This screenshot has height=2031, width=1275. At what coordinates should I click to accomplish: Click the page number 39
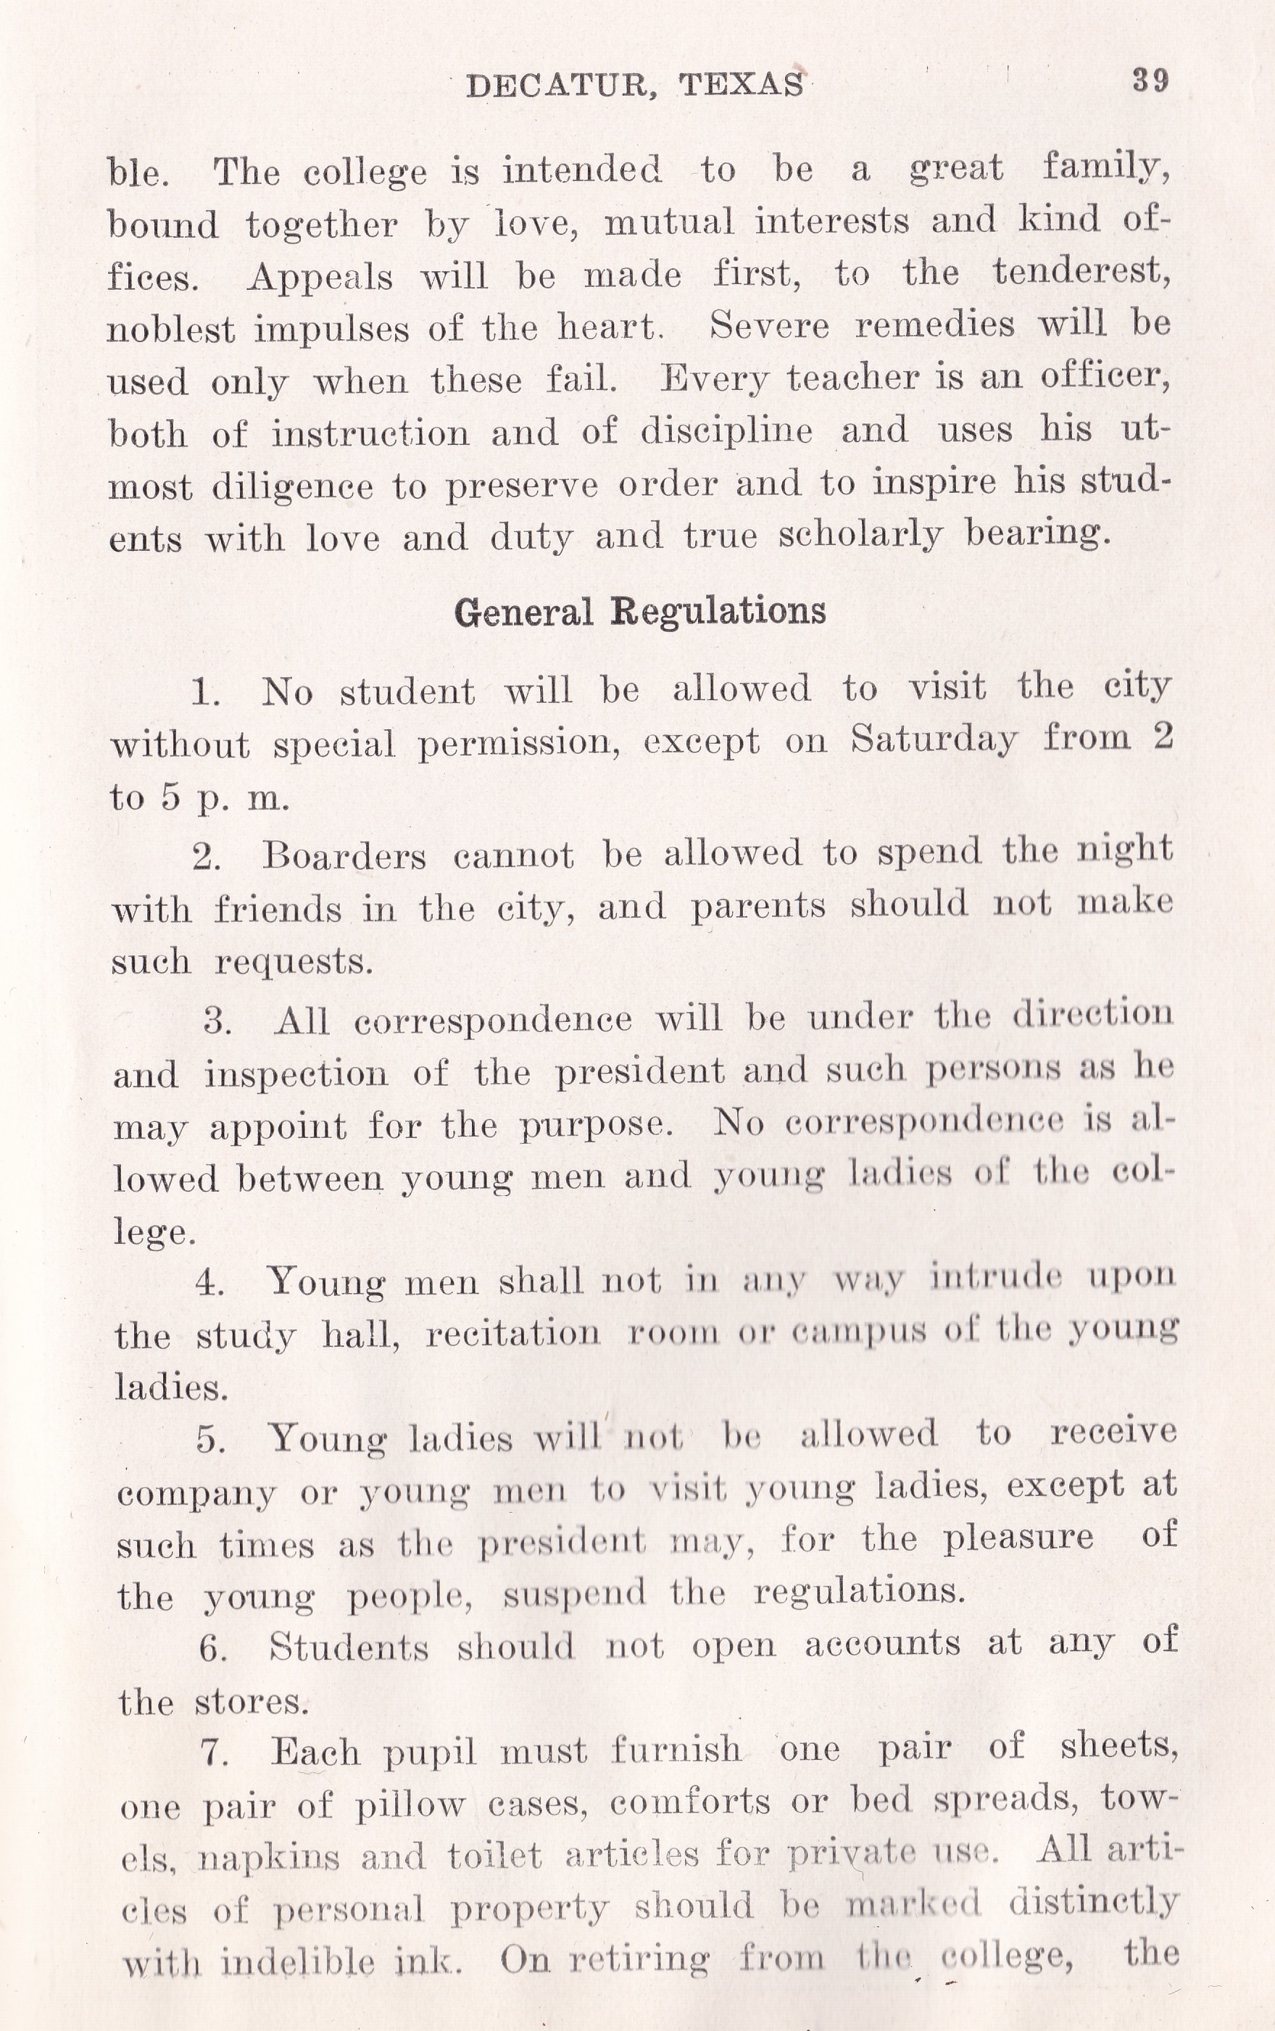pos(1150,81)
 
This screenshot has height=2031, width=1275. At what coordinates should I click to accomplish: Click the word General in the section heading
pos(523,612)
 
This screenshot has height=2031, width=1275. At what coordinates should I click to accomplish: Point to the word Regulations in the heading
pos(718,611)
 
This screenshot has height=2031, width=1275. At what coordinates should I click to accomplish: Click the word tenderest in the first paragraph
pos(1080,272)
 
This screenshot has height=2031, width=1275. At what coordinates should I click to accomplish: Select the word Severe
pos(769,325)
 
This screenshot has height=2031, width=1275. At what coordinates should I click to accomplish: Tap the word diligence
pos(292,487)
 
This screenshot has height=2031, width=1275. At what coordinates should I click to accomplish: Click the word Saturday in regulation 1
pos(934,739)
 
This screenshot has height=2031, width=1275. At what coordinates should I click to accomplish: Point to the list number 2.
pos(206,858)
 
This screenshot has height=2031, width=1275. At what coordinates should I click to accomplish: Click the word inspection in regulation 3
pos(296,1074)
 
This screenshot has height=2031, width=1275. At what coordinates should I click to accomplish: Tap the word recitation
pos(512,1334)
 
